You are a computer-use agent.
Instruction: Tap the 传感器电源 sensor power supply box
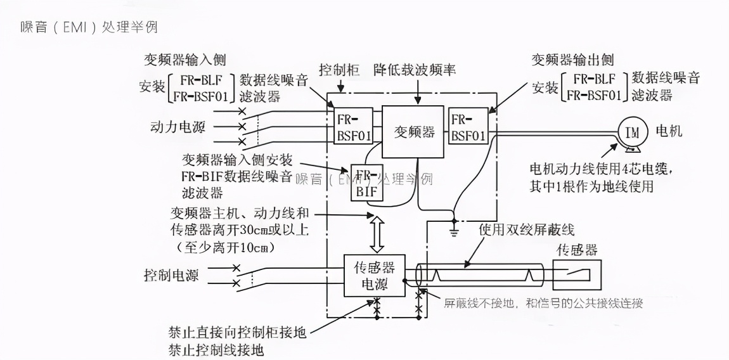tap(374, 275)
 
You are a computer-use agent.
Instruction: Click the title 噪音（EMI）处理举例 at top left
tap(88, 27)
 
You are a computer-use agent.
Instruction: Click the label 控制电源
tap(171, 276)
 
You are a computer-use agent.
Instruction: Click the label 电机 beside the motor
tap(668, 132)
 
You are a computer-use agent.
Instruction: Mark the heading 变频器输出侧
tap(572, 60)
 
